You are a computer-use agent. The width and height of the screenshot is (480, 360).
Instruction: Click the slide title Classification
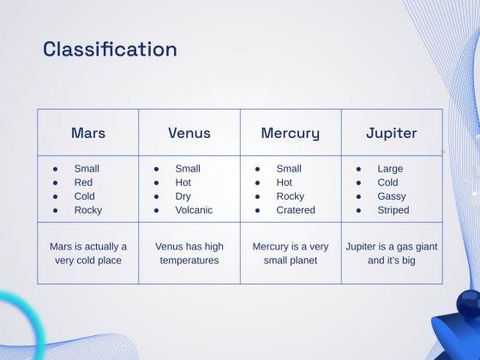[110, 49]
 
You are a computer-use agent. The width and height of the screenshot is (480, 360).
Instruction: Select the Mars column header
[88, 133]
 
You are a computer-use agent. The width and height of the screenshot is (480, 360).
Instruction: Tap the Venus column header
[189, 133]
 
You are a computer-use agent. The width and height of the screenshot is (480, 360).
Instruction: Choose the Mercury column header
[291, 133]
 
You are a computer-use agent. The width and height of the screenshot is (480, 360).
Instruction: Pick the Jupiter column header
[392, 133]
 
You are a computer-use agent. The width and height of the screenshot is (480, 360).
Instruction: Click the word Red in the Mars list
[83, 183]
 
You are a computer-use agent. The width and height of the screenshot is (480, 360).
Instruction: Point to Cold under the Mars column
[85, 196]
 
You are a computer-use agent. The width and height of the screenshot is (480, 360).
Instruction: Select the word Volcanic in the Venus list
[193, 210]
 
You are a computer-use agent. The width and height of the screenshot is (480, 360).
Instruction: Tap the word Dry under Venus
[183, 196]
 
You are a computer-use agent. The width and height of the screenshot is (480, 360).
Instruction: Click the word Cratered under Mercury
[296, 210]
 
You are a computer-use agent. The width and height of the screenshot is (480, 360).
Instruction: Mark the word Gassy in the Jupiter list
[393, 196]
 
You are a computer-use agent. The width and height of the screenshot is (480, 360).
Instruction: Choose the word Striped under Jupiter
[393, 210]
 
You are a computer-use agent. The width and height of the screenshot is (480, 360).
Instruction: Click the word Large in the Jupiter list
[390, 169]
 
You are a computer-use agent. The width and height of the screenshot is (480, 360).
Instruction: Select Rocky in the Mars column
[87, 210]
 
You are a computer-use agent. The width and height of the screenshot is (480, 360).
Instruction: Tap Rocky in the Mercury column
[290, 196]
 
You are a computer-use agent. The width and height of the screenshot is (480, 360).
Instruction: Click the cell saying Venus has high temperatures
[189, 253]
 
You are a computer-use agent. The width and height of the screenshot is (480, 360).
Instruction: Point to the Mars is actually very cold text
[88, 253]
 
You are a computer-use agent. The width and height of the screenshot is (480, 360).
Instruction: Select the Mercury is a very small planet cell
[291, 253]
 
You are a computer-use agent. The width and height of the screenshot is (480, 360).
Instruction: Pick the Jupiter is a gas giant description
[392, 253]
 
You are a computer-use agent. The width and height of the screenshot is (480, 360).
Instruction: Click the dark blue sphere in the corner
[468, 302]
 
